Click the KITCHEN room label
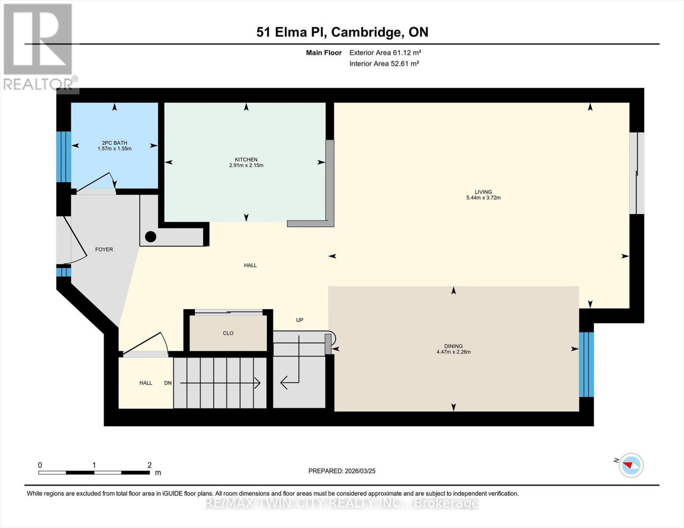click(246, 160)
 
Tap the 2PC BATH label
click(115, 143)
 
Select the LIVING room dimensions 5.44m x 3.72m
click(483, 198)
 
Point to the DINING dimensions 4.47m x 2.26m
click(453, 352)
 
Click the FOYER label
click(104, 249)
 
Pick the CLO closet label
click(228, 334)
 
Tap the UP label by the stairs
click(299, 320)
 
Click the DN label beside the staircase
click(168, 383)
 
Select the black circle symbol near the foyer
click(151, 237)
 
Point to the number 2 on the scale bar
click(149, 465)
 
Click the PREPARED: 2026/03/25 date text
click(342, 471)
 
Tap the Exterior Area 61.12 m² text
click(385, 53)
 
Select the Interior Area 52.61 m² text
click(384, 64)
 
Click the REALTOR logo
click(38, 46)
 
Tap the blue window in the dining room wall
click(586, 364)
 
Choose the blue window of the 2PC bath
click(63, 157)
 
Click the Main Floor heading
click(324, 53)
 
